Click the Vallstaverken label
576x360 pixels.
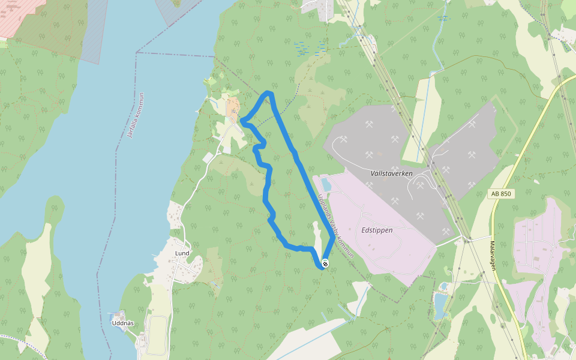point(391,173)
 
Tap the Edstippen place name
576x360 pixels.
point(377,230)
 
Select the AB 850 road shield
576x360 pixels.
point(501,194)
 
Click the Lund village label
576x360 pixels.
point(182,253)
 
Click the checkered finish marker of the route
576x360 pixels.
point(325,263)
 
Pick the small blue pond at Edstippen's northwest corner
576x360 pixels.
point(325,184)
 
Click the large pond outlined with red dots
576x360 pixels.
point(441,305)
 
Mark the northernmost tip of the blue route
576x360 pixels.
point(269,92)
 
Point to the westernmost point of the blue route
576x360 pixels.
point(242,122)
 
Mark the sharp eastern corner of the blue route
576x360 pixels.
point(333,239)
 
